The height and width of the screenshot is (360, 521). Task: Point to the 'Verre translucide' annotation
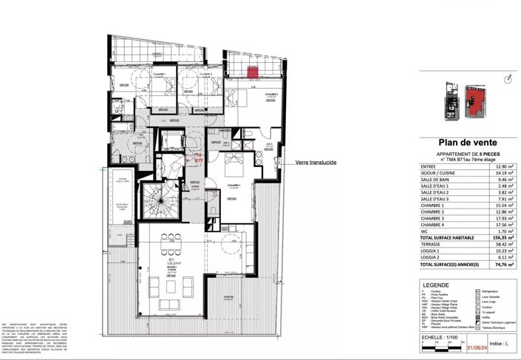point(316,163)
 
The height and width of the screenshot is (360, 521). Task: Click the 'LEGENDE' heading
point(435,284)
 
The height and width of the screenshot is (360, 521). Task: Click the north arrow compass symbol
point(505,79)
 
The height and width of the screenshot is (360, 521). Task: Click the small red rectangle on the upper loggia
point(252,72)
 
